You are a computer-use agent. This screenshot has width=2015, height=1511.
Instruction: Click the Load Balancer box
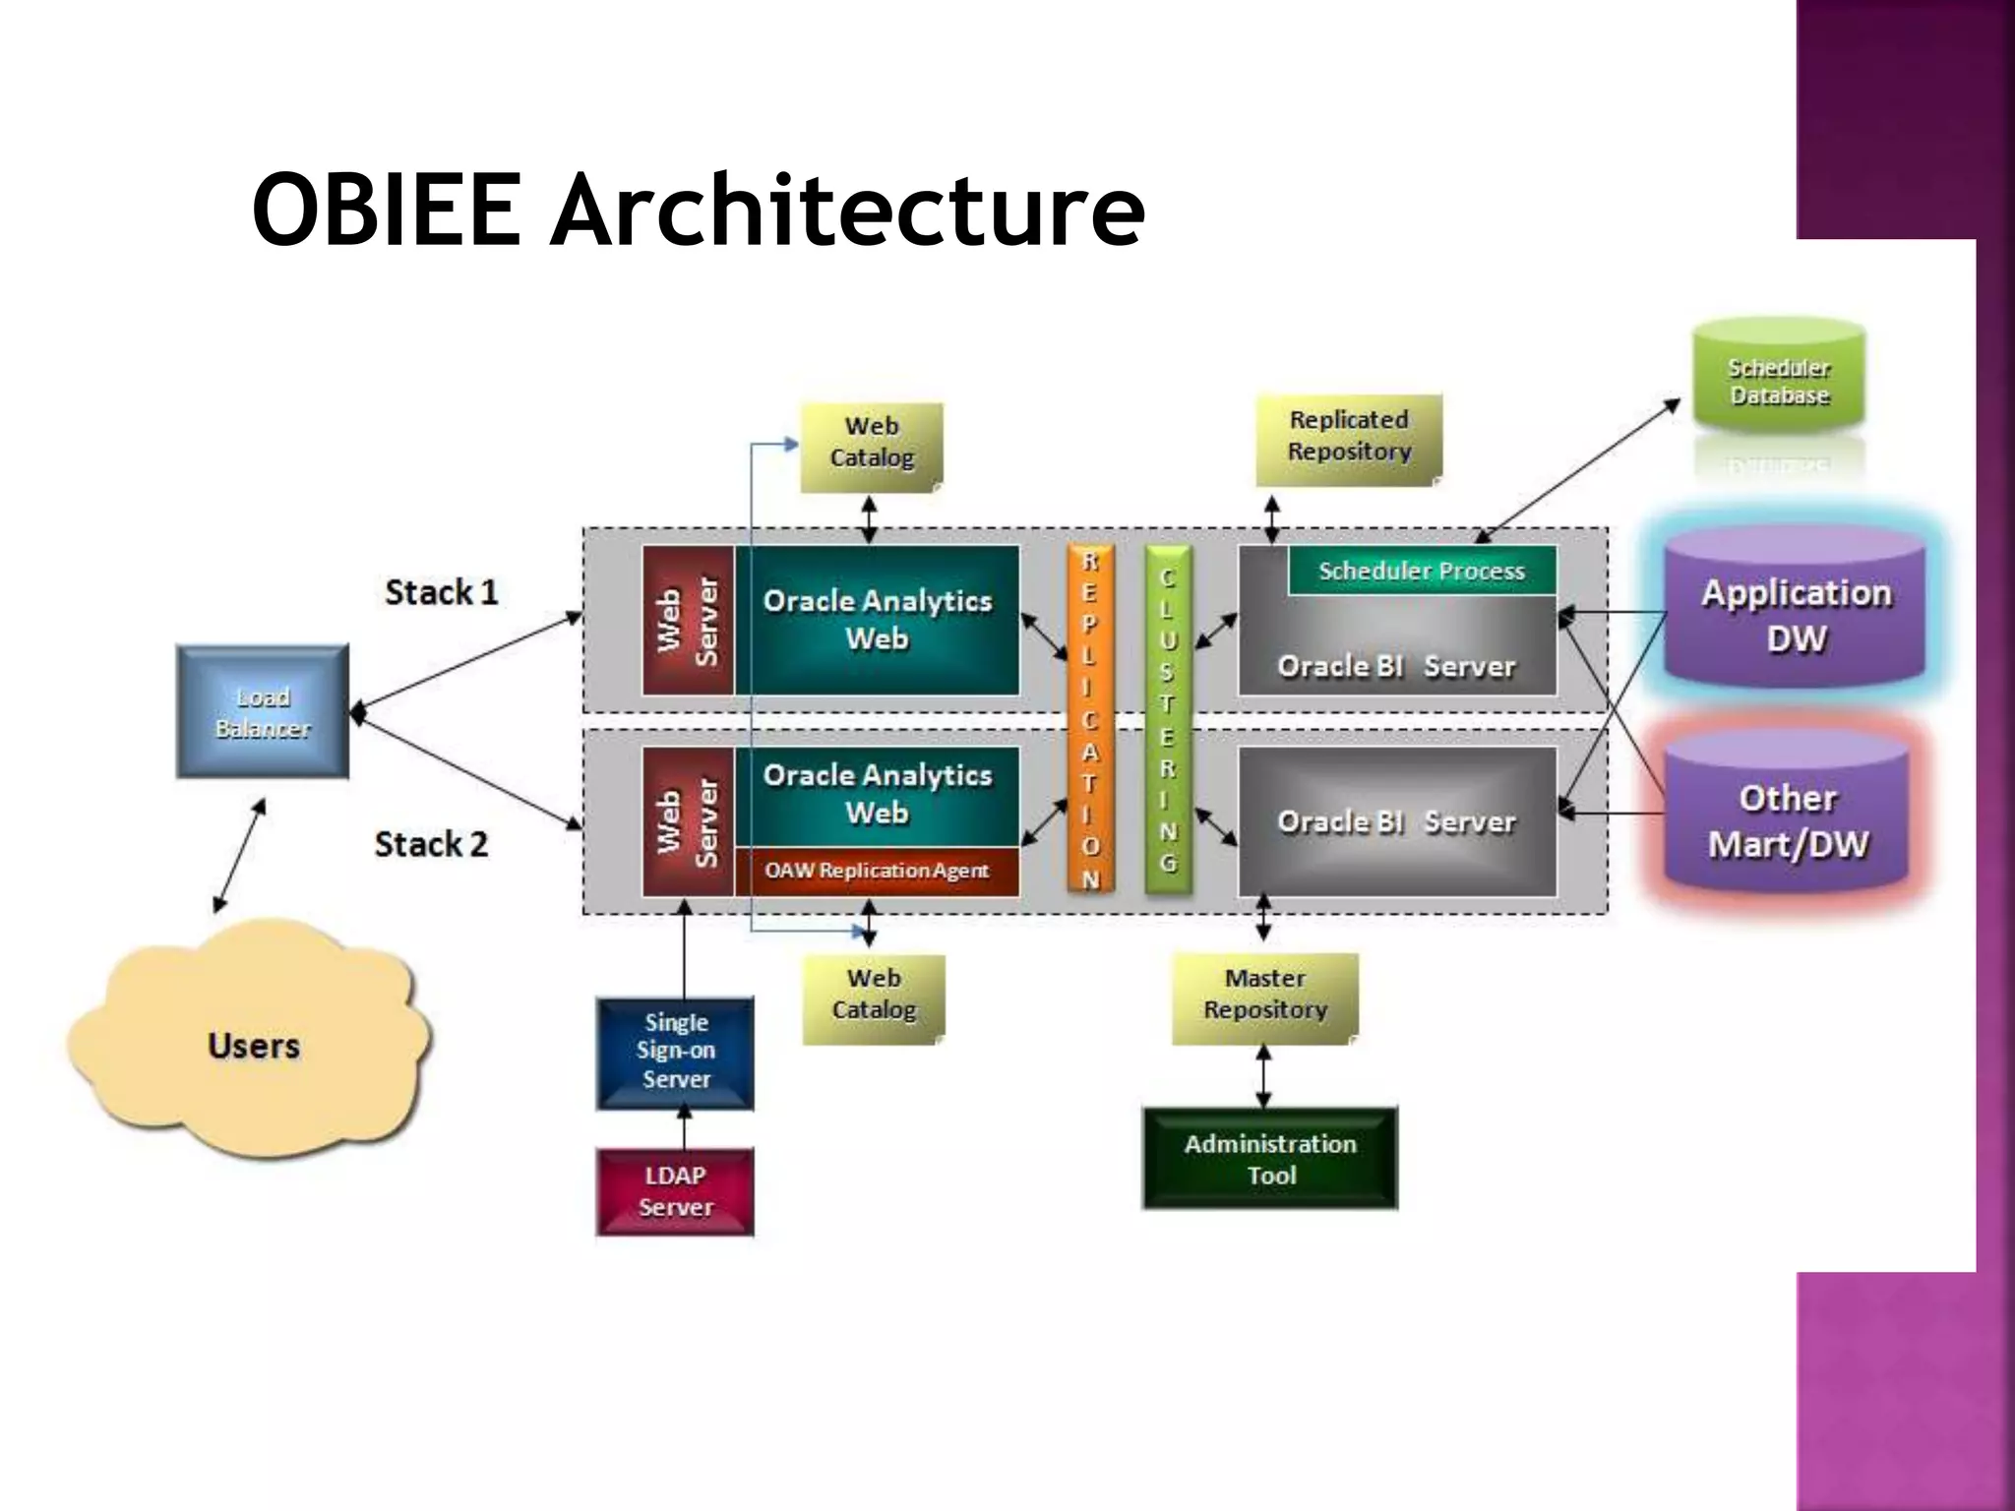pos(262,711)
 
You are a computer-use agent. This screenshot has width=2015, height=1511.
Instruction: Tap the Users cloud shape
pos(252,1043)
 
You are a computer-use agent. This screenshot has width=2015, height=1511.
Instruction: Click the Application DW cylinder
pos(1796,614)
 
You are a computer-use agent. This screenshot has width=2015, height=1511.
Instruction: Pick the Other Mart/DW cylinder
pos(1787,819)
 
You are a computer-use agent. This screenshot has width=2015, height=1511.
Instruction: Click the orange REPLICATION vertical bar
pos(1089,719)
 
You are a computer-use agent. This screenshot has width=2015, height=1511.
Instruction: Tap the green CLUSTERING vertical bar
pos(1167,719)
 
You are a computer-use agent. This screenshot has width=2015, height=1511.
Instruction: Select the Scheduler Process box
pos(1422,571)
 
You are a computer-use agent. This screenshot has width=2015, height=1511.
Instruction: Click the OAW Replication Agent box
pos(877,871)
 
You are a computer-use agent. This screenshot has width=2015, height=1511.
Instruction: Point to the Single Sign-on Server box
pos(676,1051)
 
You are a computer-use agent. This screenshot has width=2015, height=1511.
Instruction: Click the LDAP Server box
pos(676,1190)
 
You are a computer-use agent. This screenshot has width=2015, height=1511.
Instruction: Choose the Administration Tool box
pos(1270,1159)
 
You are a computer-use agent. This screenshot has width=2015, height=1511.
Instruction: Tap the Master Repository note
pos(1265,996)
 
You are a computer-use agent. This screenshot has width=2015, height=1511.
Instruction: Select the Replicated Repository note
pos(1349,437)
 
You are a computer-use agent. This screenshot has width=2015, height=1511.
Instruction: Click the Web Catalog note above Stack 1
pos(872,444)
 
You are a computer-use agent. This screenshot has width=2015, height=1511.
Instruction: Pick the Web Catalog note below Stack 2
pos(874,996)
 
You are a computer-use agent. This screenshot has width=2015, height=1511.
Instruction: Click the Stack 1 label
pos(441,592)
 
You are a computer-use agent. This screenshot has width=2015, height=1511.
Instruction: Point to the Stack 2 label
pos(431,844)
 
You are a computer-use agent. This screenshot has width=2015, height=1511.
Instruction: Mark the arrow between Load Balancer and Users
pos(240,855)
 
